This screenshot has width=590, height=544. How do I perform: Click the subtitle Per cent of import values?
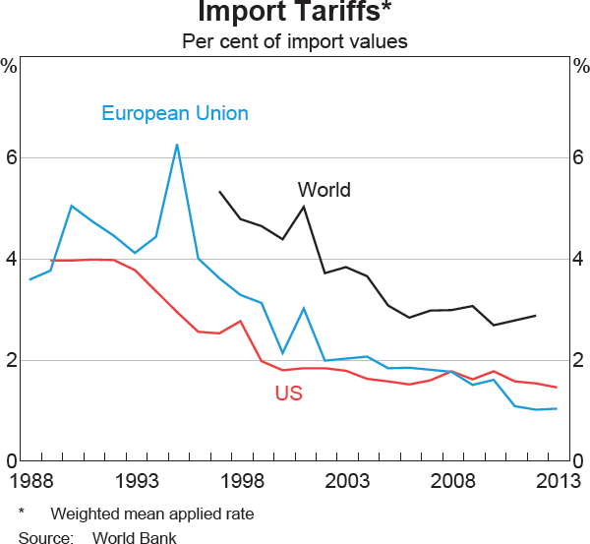click(295, 42)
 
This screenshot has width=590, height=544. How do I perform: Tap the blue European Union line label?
click(175, 113)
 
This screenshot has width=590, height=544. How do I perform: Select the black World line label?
click(324, 190)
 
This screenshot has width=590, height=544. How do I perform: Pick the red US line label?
click(288, 394)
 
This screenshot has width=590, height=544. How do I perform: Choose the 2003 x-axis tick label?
click(347, 482)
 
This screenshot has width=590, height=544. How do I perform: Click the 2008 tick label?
click(452, 482)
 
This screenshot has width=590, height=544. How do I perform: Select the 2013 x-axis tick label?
click(557, 482)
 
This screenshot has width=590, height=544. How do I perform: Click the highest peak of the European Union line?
click(177, 146)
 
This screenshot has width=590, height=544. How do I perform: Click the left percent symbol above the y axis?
click(9, 67)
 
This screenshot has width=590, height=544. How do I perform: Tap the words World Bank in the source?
click(135, 537)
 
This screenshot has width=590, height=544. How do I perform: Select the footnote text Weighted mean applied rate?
click(151, 514)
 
